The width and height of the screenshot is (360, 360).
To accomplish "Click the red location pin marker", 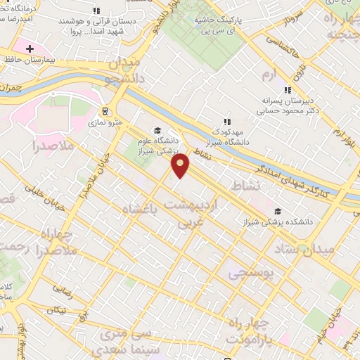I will (x=181, y=166).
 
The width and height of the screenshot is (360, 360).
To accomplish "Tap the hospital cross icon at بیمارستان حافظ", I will (x=30, y=49).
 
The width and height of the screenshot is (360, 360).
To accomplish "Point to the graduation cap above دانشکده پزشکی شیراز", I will (x=278, y=212).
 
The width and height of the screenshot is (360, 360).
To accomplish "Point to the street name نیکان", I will (x=56, y=310).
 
